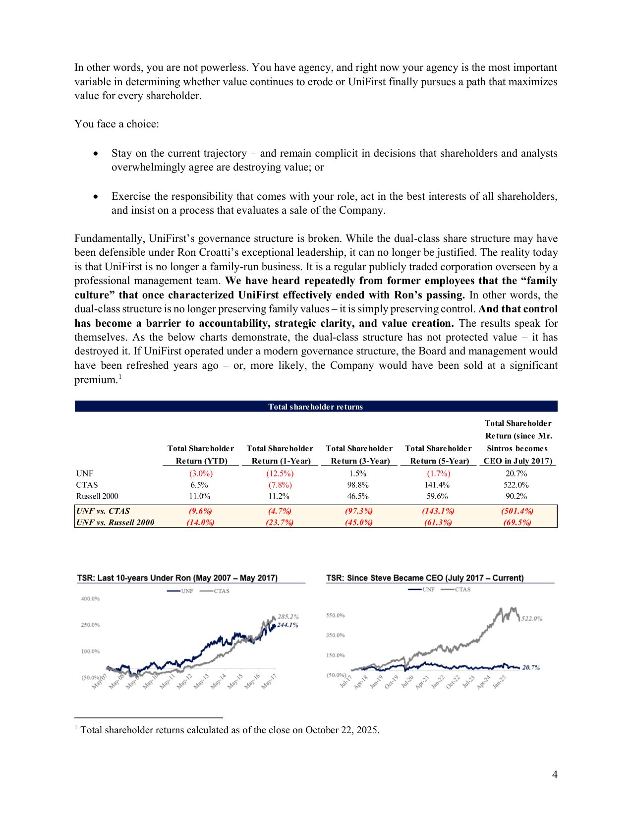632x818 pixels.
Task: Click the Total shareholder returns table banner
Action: (316, 407)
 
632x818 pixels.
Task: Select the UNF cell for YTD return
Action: (201, 473)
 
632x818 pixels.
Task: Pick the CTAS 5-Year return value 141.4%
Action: (437, 485)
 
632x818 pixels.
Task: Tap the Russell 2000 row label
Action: (97, 496)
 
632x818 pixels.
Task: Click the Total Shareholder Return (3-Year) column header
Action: (359, 455)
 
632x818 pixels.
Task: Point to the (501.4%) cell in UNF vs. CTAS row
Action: (517, 511)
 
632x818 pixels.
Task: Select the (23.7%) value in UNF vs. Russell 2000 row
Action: (280, 523)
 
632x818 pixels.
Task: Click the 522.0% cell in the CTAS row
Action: (517, 485)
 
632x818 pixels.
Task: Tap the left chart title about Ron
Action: (177, 578)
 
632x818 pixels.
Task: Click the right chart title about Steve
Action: (425, 578)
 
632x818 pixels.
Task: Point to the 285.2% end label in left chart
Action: (288, 617)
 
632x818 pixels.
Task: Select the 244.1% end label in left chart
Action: (287, 625)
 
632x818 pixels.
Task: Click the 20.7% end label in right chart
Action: (530, 668)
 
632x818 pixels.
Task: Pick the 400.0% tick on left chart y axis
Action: (90, 599)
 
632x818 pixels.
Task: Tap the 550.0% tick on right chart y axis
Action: (335, 615)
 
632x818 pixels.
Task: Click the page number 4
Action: (555, 775)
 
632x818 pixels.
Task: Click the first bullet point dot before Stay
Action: (96, 154)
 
